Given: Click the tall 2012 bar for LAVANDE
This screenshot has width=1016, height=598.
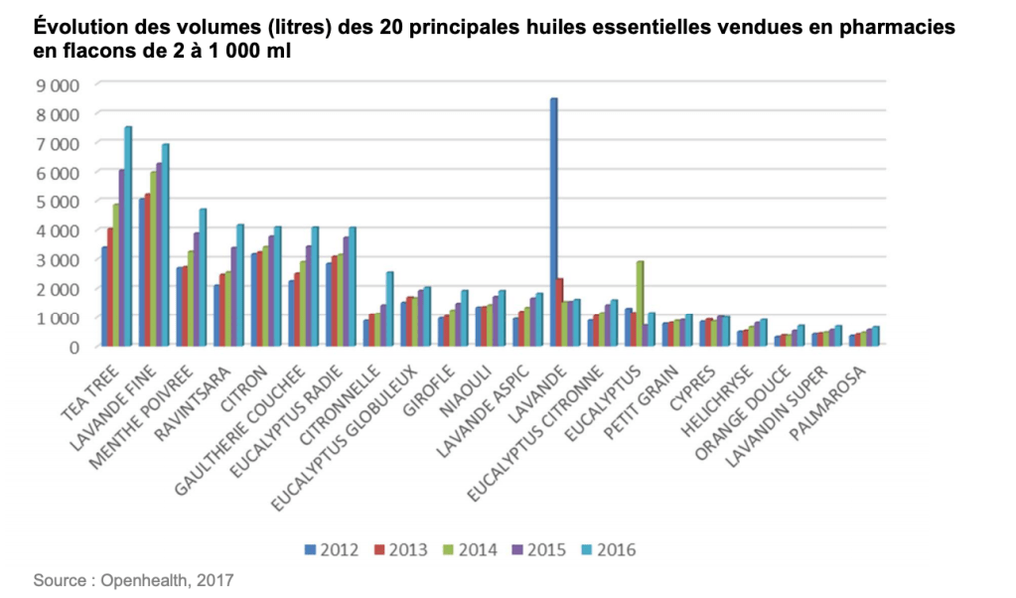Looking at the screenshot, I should tap(553, 223).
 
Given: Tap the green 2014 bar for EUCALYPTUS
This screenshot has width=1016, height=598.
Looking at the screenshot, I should tap(640, 304).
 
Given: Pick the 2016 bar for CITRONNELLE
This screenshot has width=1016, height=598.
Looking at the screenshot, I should tap(389, 309).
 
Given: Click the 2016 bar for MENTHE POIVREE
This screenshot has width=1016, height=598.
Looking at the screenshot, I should tap(203, 277).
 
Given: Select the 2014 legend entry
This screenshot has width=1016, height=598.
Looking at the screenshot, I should tap(470, 548).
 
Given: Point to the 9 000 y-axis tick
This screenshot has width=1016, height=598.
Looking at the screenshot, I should tap(59, 85).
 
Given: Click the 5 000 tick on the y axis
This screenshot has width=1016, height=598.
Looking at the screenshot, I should tap(59, 202).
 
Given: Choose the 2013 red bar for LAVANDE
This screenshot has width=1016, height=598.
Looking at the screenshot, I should tap(561, 313).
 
